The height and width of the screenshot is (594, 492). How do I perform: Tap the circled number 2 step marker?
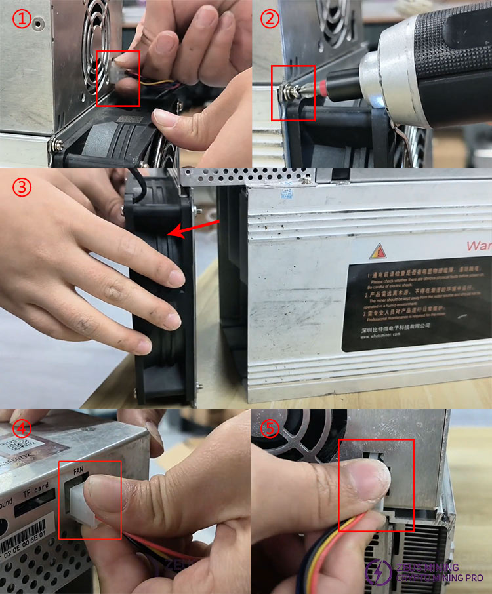[270, 19]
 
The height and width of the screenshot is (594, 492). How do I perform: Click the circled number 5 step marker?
[270, 429]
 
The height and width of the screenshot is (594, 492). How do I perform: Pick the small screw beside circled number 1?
[40, 24]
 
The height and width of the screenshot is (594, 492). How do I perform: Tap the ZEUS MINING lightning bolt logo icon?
[379, 572]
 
